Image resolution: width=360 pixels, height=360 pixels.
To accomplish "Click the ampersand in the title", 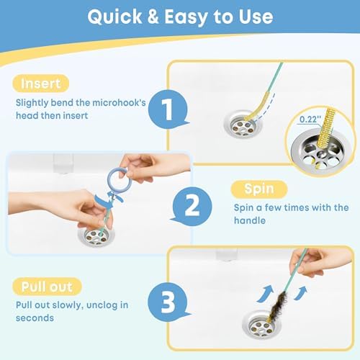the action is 153,17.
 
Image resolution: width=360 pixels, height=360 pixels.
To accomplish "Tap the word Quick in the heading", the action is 114,17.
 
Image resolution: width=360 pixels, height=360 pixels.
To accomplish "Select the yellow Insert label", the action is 41,84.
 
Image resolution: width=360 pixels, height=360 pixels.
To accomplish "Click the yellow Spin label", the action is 259,189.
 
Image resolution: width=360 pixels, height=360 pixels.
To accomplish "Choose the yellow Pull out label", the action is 47,287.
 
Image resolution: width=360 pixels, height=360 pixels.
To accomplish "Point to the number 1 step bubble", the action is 168,109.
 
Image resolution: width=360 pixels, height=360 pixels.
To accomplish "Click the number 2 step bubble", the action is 192,206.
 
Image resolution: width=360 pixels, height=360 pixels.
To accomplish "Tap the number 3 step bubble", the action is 167,302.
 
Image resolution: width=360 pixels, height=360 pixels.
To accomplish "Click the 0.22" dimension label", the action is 310,120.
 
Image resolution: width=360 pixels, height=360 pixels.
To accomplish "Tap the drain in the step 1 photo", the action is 243,125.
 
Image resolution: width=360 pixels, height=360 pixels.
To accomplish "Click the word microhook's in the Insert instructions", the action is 119,103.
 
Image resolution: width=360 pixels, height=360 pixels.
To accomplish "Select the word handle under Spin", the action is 250,220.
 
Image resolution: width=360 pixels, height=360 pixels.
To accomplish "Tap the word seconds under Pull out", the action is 35,318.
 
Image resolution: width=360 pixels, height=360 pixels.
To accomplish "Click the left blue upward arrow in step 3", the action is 266,293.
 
